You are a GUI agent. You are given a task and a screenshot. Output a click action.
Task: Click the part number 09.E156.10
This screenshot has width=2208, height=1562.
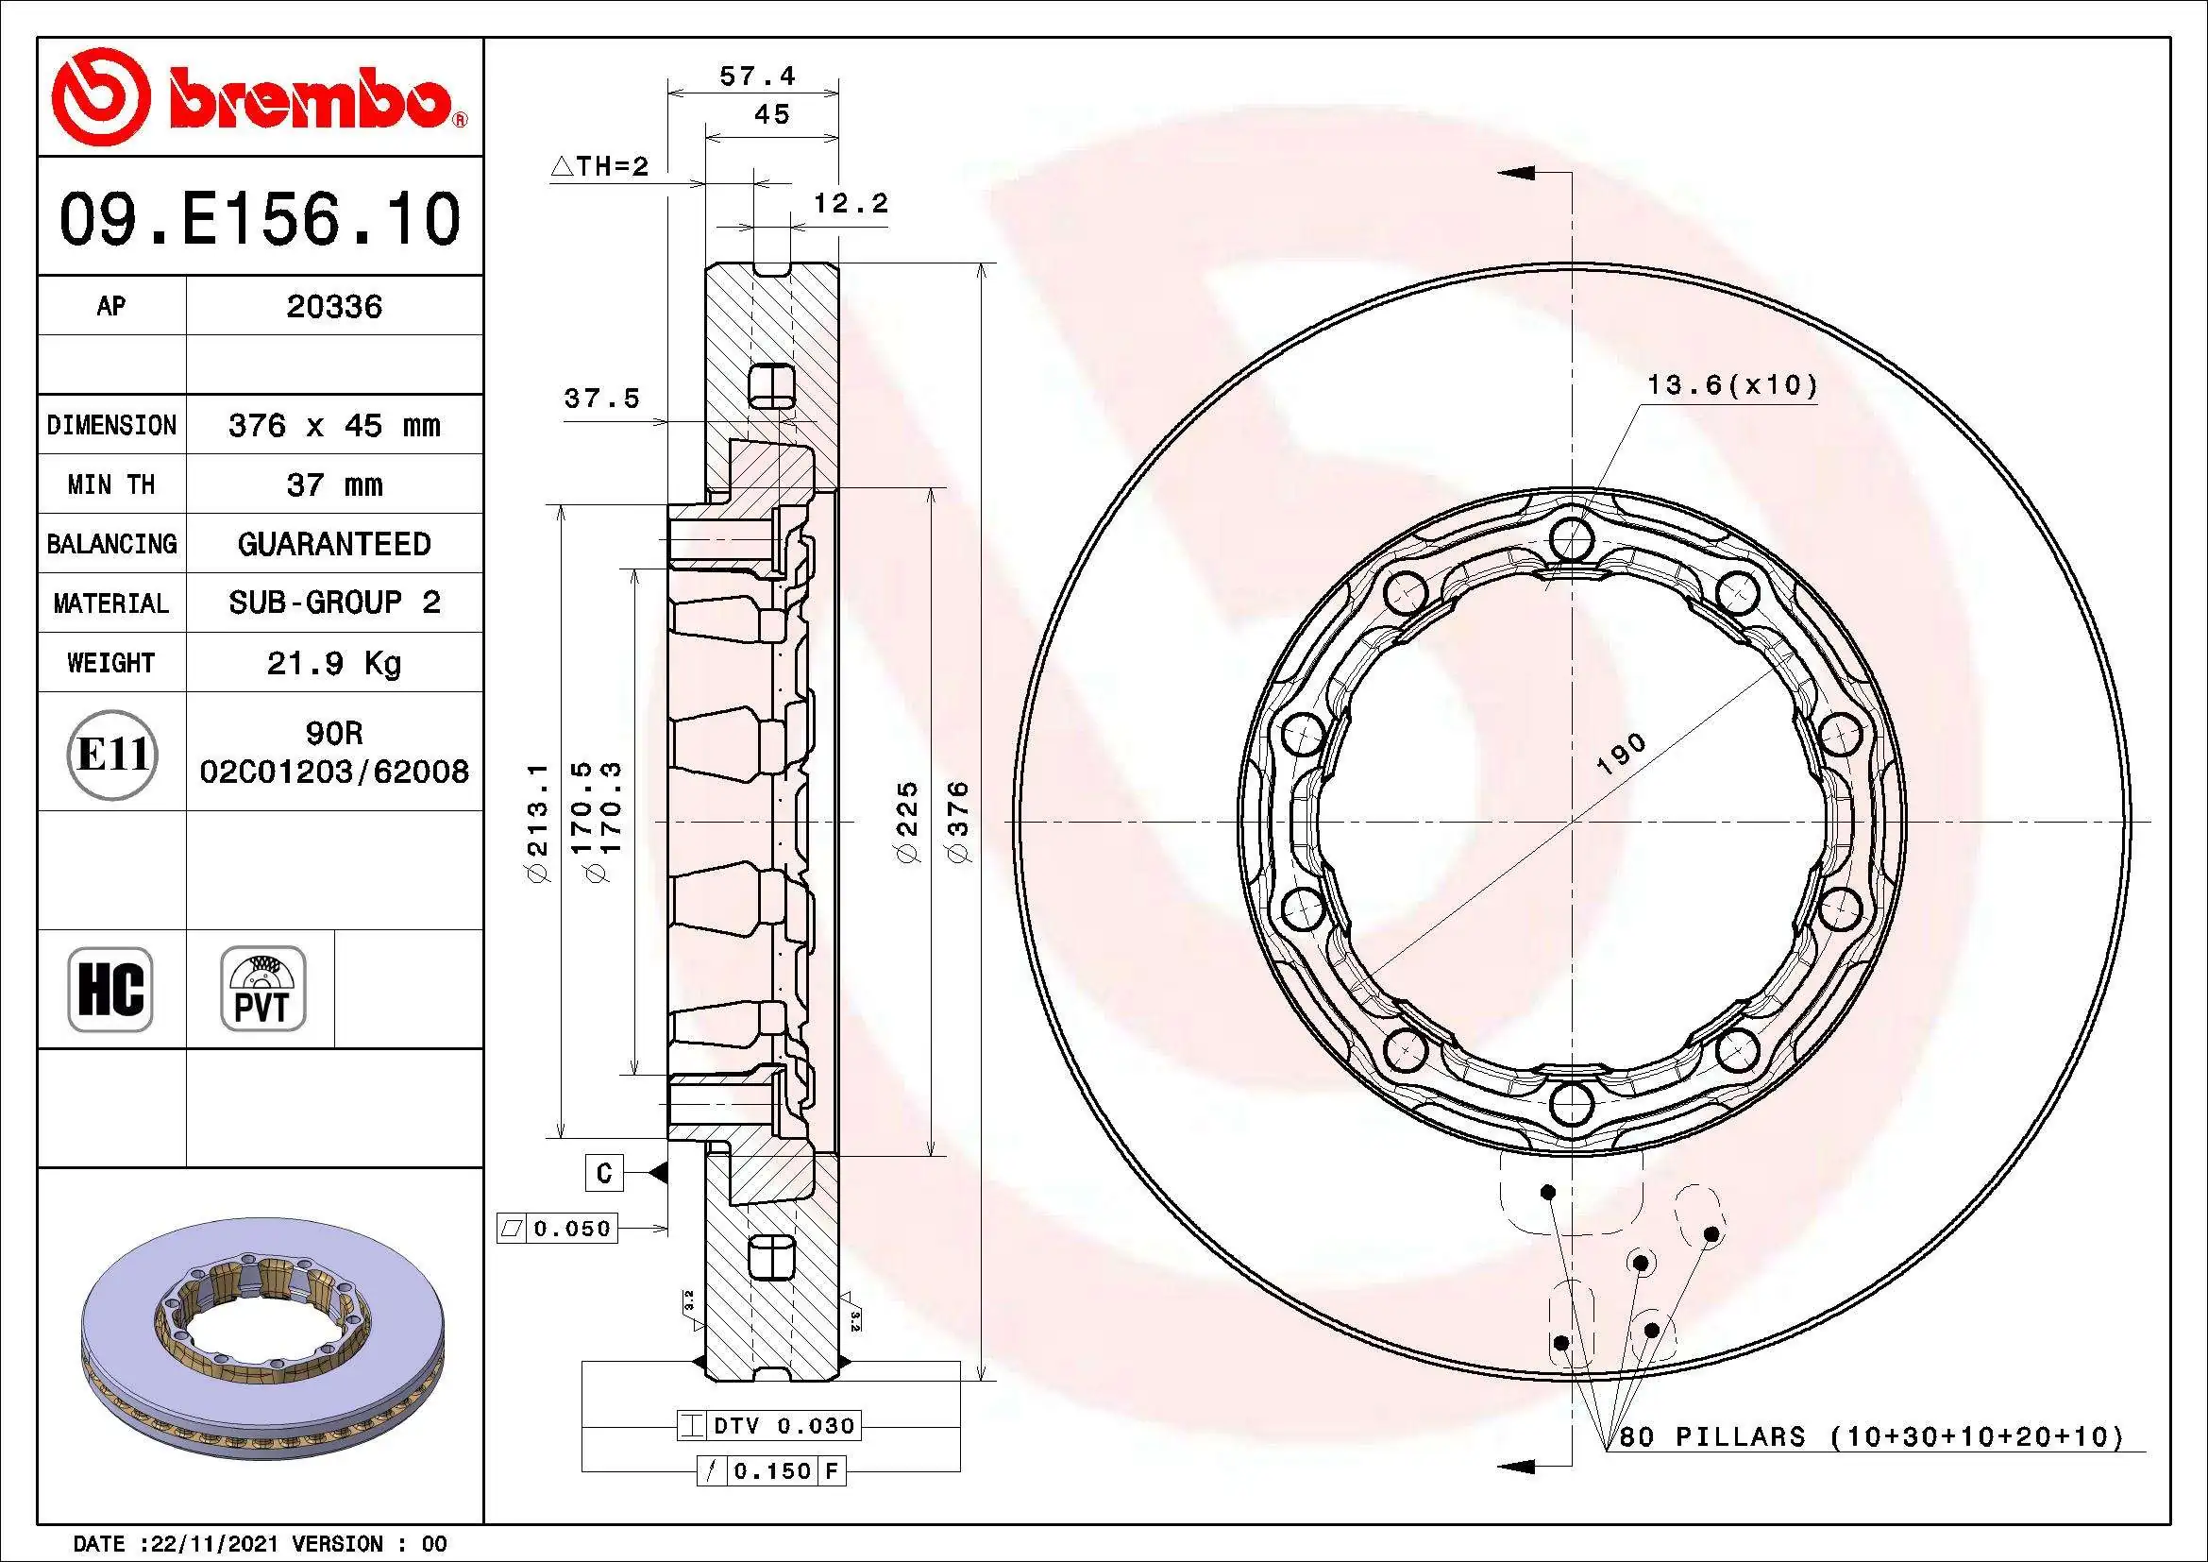260,219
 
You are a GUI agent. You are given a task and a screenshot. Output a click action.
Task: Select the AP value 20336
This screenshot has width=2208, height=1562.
333,307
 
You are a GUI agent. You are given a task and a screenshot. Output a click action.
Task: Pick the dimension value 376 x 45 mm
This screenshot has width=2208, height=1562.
333,425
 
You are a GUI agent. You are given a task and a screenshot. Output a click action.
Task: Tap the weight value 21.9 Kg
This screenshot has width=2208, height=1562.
333,663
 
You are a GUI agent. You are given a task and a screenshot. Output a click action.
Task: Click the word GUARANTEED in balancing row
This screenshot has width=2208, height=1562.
333,544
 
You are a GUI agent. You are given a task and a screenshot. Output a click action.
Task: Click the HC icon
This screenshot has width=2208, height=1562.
110,989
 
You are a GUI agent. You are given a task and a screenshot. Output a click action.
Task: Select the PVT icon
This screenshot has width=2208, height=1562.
262,989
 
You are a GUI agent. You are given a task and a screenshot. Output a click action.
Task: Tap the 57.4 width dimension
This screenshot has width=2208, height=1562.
757,76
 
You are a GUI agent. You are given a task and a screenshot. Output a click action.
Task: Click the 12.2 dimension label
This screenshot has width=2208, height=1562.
851,204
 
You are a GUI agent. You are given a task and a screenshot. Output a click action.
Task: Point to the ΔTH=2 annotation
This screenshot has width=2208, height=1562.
600,166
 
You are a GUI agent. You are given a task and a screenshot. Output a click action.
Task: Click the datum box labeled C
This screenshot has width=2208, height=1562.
604,1173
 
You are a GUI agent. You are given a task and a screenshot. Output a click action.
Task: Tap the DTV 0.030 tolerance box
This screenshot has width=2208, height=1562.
769,1425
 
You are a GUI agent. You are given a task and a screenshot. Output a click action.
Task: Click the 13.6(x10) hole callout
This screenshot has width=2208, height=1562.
1732,385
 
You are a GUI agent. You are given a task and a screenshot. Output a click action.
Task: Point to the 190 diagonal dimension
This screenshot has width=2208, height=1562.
1622,754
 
